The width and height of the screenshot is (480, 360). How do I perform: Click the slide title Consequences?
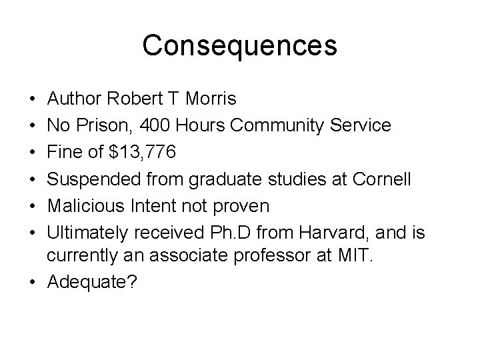tap(239, 45)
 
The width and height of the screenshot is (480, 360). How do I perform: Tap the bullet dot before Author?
tap(33, 99)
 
